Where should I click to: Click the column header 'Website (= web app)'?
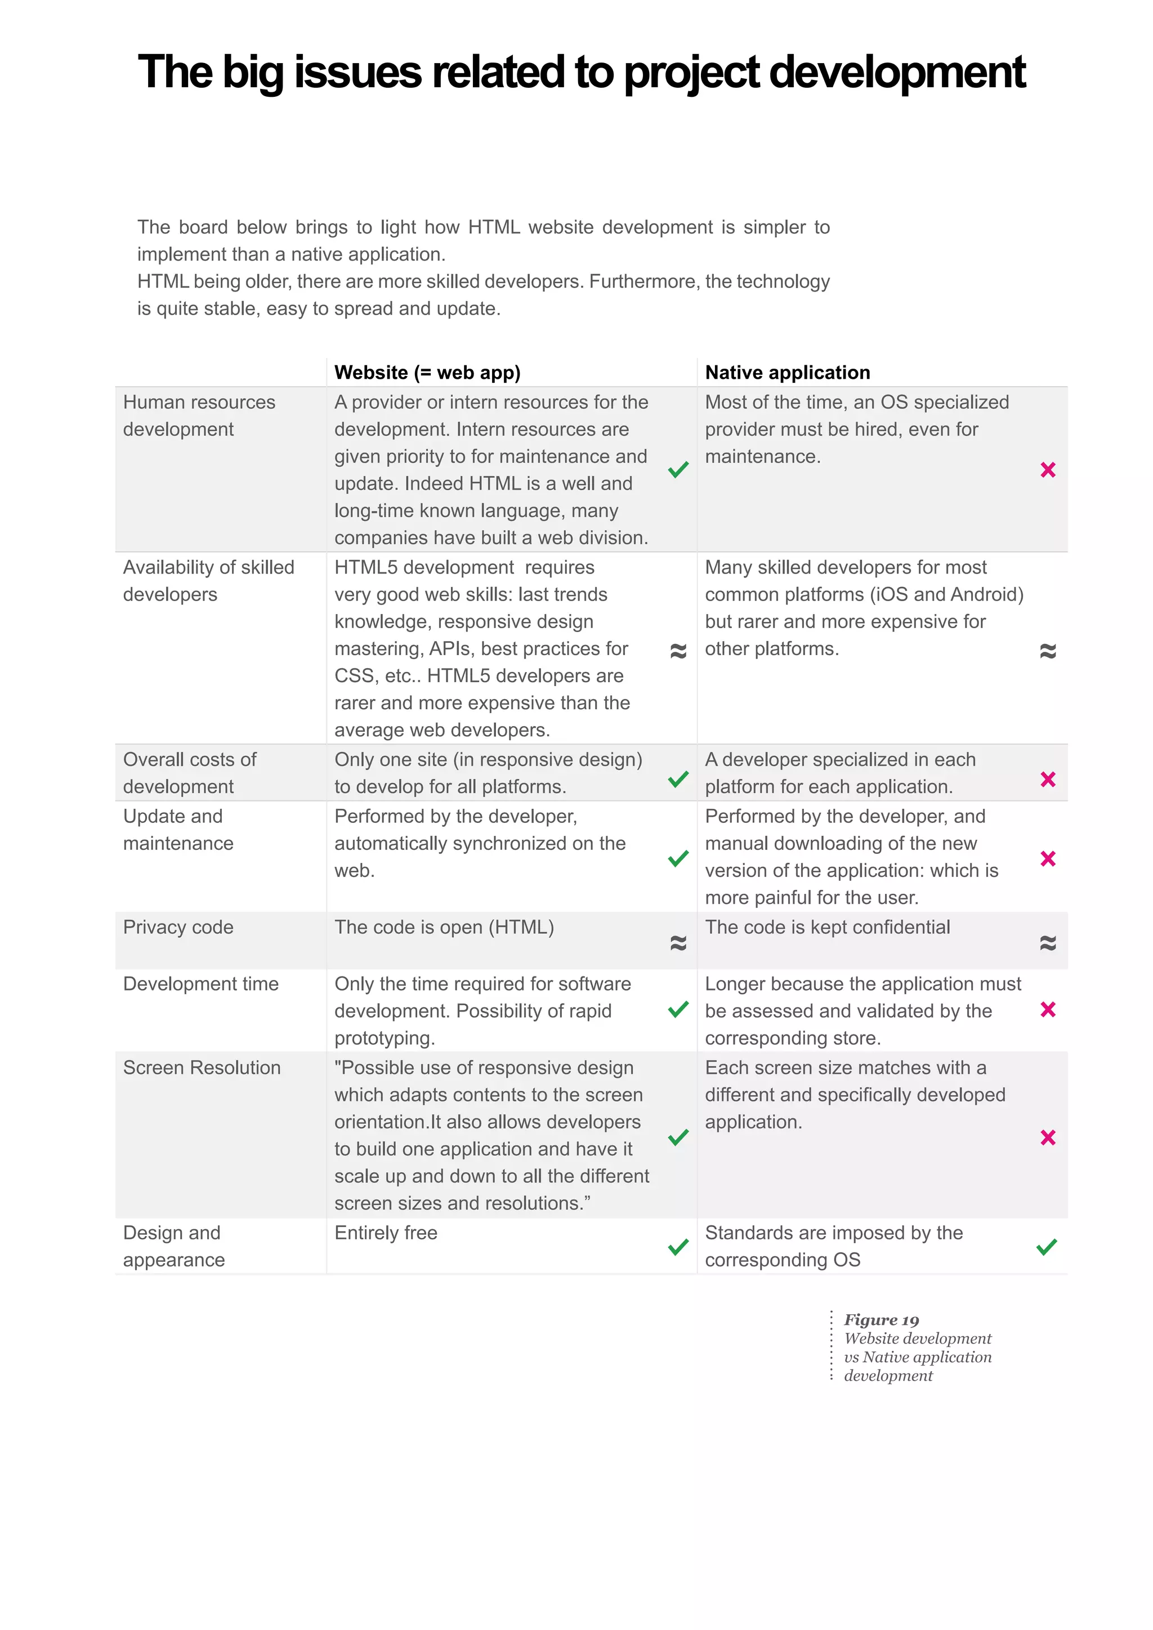[x=427, y=372]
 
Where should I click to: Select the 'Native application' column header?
[x=788, y=372]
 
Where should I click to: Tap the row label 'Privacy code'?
[x=178, y=927]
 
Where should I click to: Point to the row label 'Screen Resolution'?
[x=202, y=1068]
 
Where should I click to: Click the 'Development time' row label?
[x=201, y=984]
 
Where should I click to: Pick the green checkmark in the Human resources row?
[x=678, y=469]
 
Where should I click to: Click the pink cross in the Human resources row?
[x=1048, y=470]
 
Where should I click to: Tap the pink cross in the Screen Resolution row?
[x=1048, y=1138]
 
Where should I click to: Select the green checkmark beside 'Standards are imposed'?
[x=1047, y=1247]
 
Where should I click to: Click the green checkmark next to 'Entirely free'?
[x=678, y=1247]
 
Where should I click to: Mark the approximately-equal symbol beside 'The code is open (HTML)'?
[x=678, y=943]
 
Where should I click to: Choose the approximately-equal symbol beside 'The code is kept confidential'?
[x=1048, y=943]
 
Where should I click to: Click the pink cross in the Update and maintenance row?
[x=1048, y=859]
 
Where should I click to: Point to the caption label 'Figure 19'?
[x=881, y=1320]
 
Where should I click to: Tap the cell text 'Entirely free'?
[x=386, y=1233]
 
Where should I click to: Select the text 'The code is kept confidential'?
[x=827, y=927]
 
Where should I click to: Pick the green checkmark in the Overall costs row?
[x=678, y=780]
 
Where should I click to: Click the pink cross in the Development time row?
[x=1048, y=1010]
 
